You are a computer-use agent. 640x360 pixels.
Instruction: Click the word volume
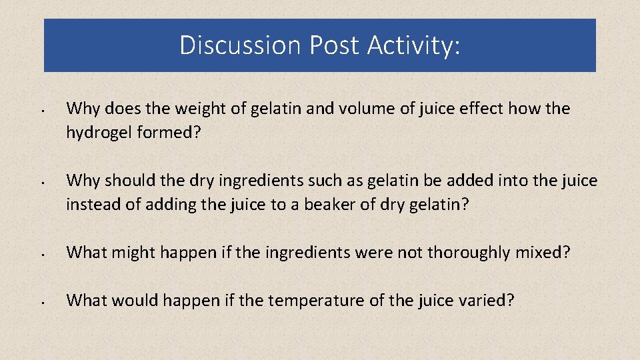(327, 109)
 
